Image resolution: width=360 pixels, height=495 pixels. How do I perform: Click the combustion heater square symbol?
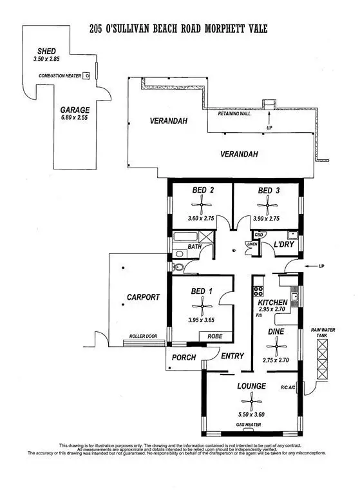click(86, 75)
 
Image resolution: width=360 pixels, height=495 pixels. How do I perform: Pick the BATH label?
click(195, 247)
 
